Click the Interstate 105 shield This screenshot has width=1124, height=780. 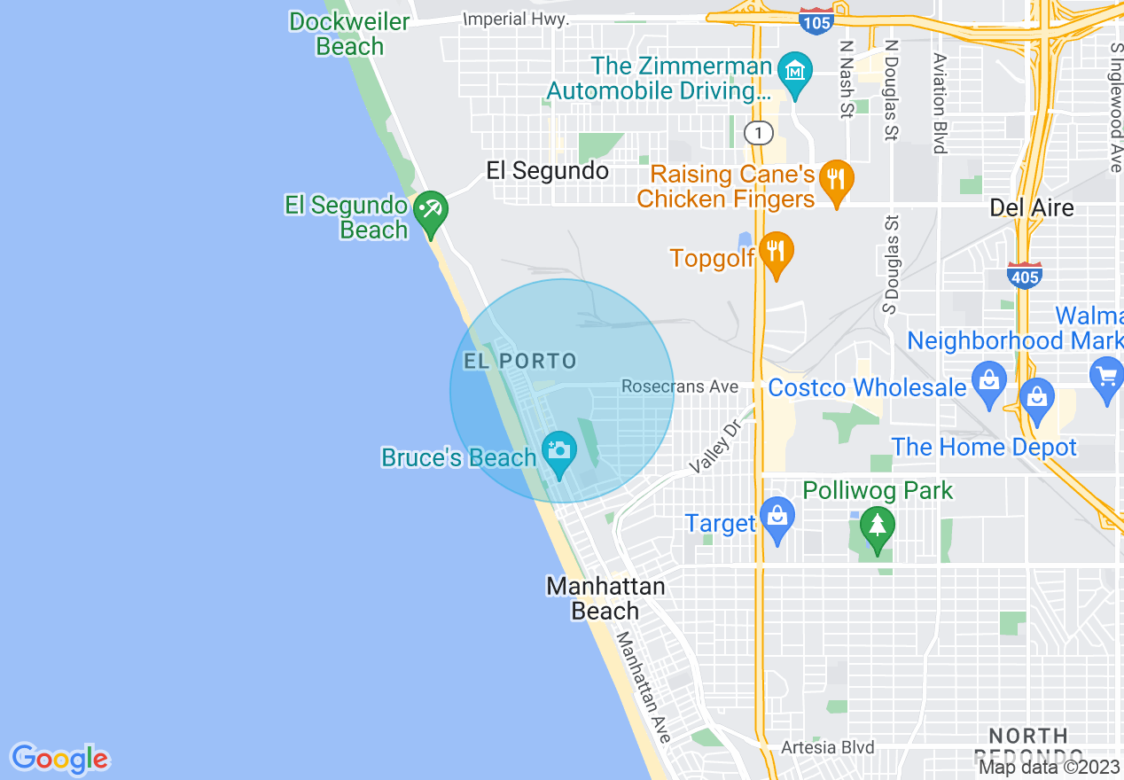tap(815, 20)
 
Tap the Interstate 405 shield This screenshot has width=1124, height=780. tap(1024, 276)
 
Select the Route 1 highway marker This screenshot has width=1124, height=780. tap(758, 133)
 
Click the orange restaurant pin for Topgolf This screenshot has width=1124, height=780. tap(777, 254)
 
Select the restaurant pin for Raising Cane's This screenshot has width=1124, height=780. tap(836, 181)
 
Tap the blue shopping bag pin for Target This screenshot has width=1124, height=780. tap(777, 520)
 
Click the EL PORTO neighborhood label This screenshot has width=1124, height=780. tap(520, 362)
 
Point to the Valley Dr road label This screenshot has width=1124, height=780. tap(714, 447)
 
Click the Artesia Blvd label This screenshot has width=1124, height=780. tap(827, 747)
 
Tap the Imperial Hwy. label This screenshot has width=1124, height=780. tap(517, 19)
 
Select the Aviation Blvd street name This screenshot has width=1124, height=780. tap(939, 103)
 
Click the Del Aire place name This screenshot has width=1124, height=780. tap(1031, 207)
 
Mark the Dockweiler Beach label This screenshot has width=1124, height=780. tap(349, 34)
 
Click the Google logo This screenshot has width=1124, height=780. tap(59, 759)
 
